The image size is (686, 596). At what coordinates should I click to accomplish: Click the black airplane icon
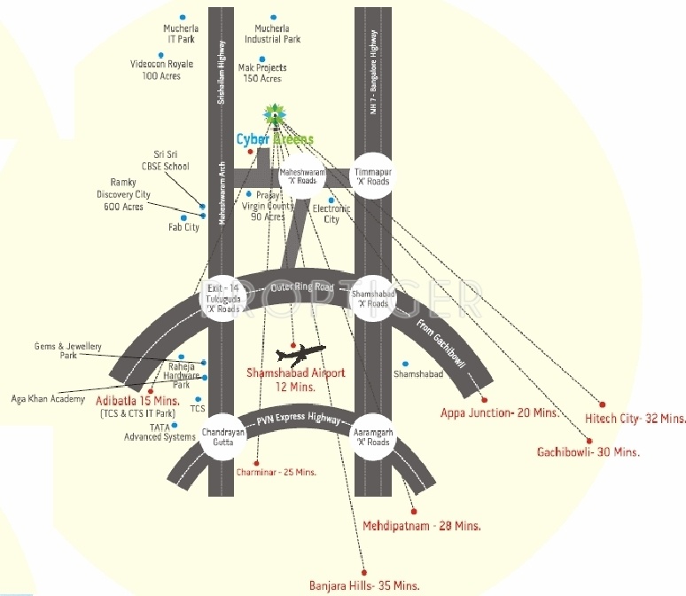301,352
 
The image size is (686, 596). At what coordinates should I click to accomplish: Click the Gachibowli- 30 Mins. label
588,451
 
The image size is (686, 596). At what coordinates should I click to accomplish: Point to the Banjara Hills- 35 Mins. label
363,586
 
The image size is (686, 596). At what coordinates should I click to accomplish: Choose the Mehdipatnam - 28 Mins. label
422,525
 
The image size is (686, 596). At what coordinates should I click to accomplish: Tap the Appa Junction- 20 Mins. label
499,412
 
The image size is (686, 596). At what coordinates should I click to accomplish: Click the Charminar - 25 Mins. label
276,472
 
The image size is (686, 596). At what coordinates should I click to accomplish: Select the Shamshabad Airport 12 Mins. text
295,380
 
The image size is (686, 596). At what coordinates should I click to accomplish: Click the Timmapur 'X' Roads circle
372,176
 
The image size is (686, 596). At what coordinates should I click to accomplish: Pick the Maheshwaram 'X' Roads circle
297,175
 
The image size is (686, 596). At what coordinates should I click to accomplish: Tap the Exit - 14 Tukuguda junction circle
222,299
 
